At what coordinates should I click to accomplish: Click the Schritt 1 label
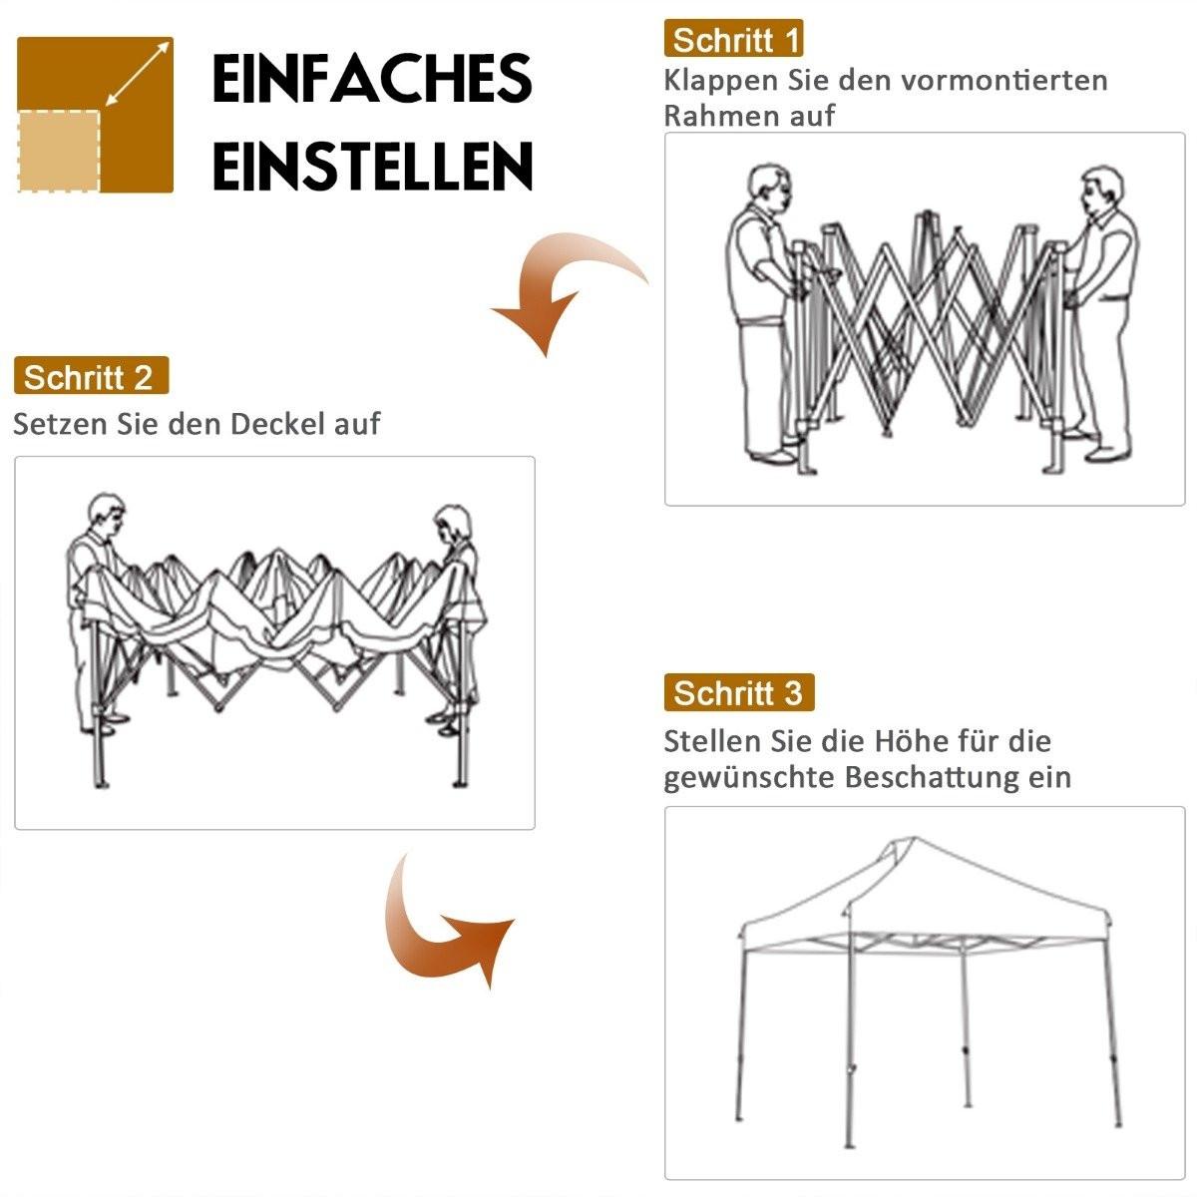(733, 40)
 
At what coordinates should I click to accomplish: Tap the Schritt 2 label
(90, 378)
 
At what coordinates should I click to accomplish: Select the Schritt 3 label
(738, 693)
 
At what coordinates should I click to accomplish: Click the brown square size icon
(96, 115)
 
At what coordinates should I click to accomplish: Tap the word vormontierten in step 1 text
(1004, 80)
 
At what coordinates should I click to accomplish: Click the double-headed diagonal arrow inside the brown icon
(137, 73)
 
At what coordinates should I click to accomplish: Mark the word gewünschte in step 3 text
(749, 778)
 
